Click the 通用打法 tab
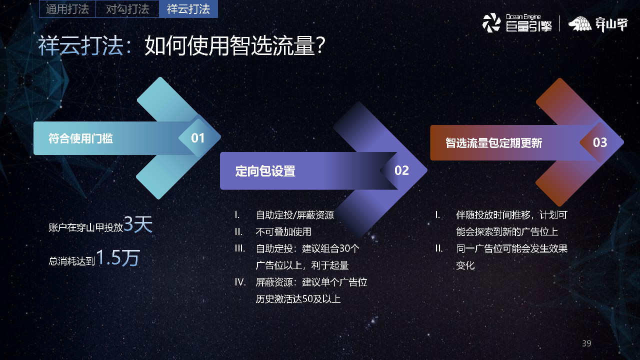(67, 9)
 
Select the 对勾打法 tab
(127, 9)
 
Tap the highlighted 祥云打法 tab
(188, 9)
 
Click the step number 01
(198, 138)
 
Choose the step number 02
(401, 170)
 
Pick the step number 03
(599, 142)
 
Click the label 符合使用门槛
(80, 138)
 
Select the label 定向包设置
(265, 171)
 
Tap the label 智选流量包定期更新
(493, 143)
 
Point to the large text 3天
(137, 224)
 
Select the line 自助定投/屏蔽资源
(294, 215)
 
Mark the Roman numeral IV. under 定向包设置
(240, 282)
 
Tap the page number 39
(586, 343)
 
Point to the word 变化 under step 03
(465, 265)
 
